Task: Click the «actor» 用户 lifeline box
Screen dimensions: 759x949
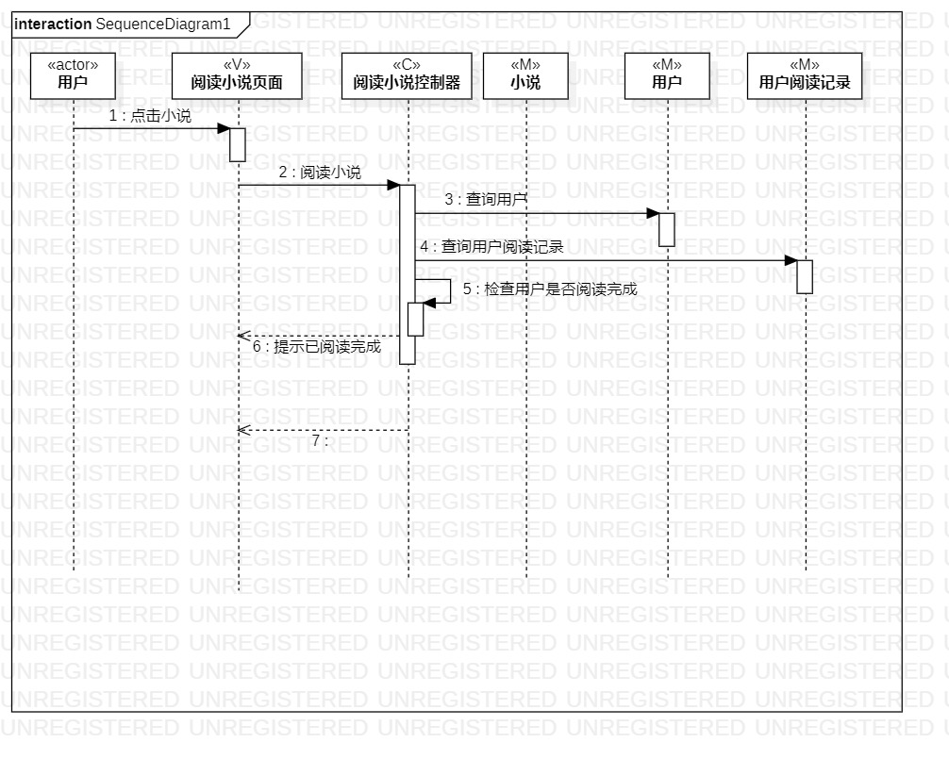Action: coord(73,75)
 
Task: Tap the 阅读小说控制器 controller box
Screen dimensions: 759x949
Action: coord(407,75)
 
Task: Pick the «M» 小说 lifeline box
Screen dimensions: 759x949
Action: coord(525,75)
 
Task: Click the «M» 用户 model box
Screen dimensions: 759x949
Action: coord(667,75)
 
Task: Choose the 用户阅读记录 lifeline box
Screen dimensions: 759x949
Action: coord(805,75)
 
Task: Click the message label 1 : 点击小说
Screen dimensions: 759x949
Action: coord(150,116)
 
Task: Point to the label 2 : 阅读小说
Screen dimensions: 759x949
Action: coord(320,173)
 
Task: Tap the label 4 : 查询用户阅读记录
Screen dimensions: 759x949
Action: coord(491,247)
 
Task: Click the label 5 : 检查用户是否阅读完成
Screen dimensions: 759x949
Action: coord(550,289)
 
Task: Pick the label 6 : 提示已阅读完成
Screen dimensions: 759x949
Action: coord(317,347)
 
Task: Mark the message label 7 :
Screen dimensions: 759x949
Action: coord(320,441)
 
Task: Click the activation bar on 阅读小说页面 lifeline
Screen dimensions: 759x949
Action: coord(238,144)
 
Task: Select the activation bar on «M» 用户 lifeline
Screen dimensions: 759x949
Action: coord(667,229)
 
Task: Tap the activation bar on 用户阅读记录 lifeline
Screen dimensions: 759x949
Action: coord(805,276)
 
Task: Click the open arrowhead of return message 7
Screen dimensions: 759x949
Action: coord(242,430)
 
